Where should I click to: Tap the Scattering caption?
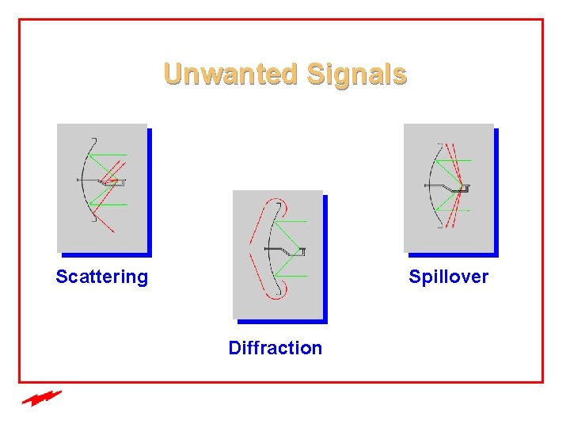pos(101,277)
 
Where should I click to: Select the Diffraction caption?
pos(275,347)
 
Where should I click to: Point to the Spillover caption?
pos(448,277)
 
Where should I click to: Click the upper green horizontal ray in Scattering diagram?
pos(111,155)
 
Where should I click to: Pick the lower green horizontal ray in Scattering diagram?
pos(111,204)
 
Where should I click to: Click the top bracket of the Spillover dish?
pos(440,143)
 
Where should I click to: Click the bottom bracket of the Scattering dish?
pos(93,220)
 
